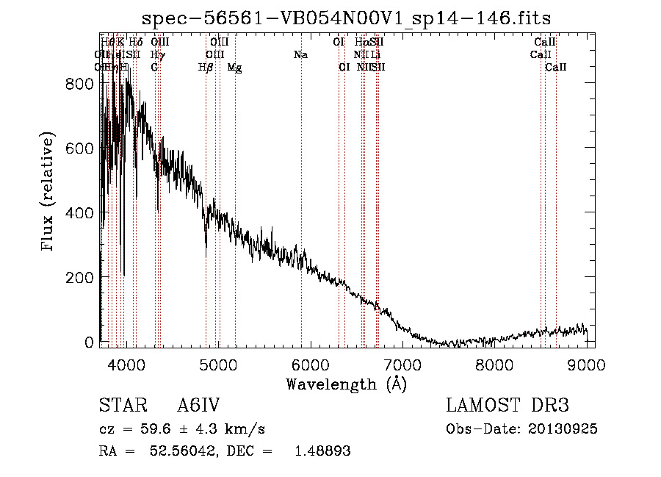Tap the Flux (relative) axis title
pyautogui.click(x=49, y=193)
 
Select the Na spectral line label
pyautogui.click(x=300, y=55)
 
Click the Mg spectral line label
pyautogui.click(x=234, y=68)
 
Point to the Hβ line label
pyautogui.click(x=206, y=68)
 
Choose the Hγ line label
pyautogui.click(x=157, y=55)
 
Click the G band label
pyautogui.click(x=154, y=68)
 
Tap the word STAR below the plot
pyautogui.click(x=118, y=405)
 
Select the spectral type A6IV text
pyautogui.click(x=198, y=405)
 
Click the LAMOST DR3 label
pyautogui.click(x=508, y=405)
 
